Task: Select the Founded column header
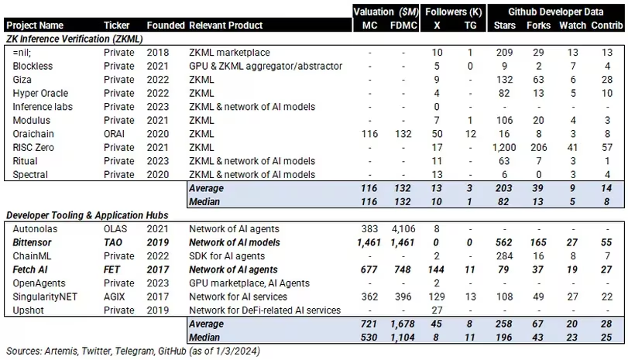165,26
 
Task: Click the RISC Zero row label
35,148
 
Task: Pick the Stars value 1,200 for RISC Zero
505,148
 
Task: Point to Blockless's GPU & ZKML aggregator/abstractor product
266,66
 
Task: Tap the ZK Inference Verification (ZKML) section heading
80,38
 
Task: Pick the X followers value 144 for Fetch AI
438,270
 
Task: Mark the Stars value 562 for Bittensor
505,242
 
